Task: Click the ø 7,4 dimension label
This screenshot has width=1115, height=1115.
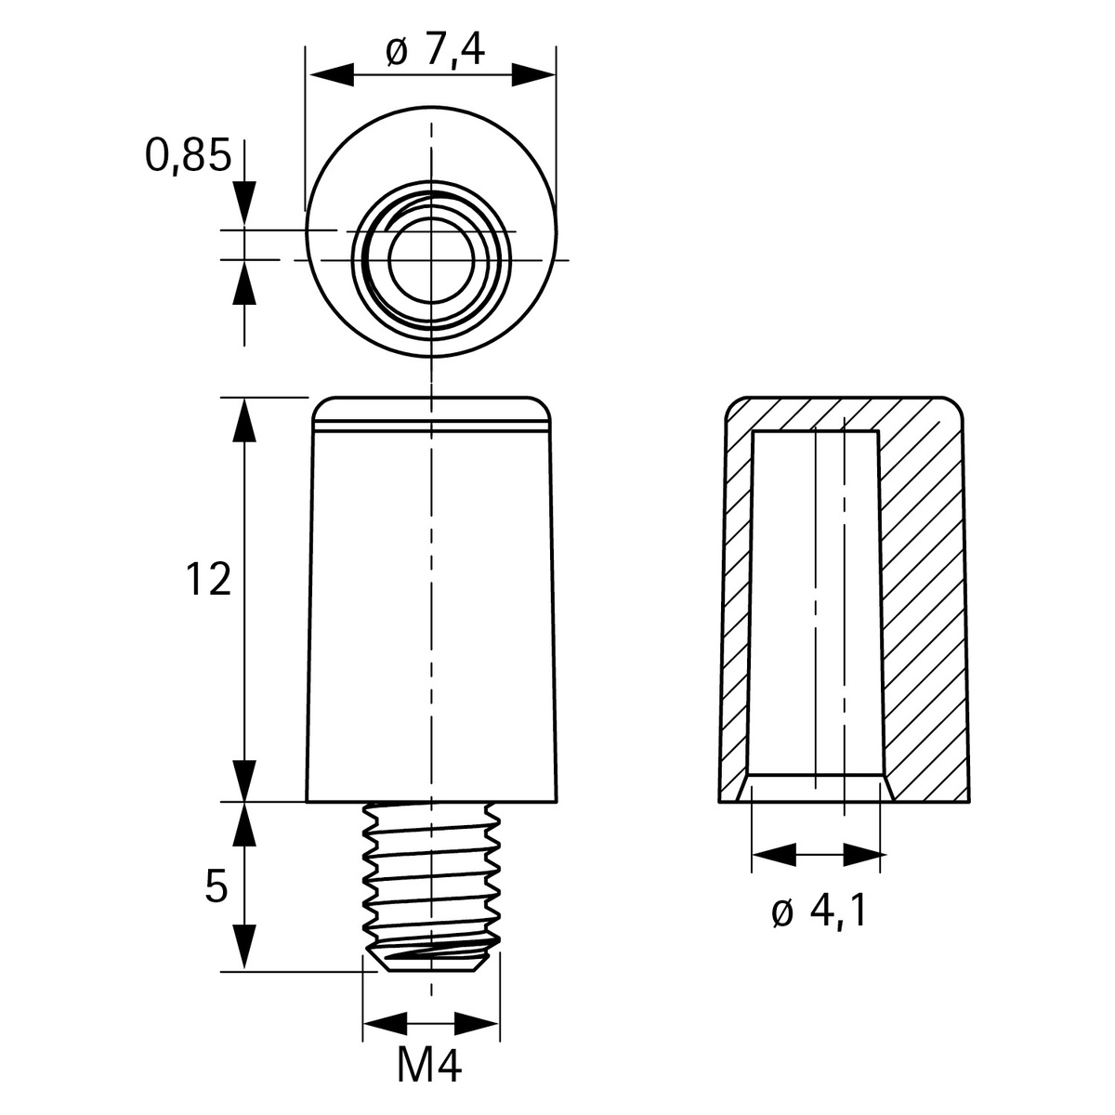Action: (x=434, y=52)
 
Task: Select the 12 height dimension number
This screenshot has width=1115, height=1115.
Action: (x=207, y=581)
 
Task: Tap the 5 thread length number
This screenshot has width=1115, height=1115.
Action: (x=215, y=888)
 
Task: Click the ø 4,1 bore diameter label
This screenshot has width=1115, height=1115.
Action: (x=819, y=913)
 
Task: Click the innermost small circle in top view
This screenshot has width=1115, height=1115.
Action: (x=430, y=261)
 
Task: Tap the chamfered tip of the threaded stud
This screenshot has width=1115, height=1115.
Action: (x=431, y=958)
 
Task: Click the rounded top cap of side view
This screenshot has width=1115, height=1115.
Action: (x=431, y=409)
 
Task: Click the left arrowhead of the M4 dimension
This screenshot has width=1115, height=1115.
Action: (x=386, y=1024)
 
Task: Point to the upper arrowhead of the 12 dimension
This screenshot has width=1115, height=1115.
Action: (x=244, y=423)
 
